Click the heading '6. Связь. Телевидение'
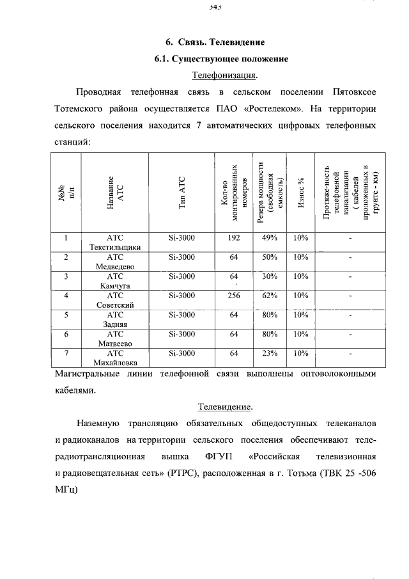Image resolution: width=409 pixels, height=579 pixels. [215, 42]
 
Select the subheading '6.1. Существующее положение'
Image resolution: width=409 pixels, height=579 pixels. [221, 59]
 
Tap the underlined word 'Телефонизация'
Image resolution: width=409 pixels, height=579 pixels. [224, 75]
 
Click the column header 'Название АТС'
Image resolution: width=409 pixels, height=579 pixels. [115, 192]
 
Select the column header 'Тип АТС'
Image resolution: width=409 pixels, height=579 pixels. [181, 192]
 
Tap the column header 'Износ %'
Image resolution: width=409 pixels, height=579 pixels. [300, 192]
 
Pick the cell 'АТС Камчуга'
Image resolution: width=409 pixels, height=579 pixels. [115, 281]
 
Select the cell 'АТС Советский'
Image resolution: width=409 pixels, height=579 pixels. [115, 301]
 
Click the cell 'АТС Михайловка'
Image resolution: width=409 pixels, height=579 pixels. [115, 358]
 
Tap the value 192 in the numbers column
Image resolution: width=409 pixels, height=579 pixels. [233, 238]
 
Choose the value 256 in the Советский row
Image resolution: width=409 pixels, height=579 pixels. [233, 296]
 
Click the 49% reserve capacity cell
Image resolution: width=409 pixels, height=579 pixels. [270, 238]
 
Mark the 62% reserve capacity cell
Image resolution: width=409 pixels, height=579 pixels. [270, 296]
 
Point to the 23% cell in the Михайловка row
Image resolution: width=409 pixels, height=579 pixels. [270, 353]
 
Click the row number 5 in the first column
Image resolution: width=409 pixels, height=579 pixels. [66, 315]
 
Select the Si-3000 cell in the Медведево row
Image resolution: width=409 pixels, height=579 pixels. [181, 257]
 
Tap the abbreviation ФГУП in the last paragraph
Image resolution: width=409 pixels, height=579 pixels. [220, 457]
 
